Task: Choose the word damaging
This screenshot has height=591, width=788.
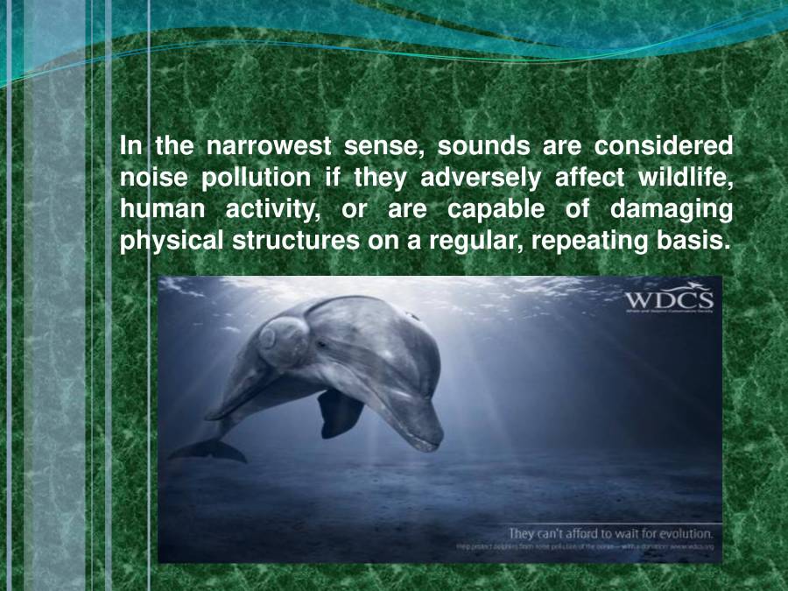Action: tap(672, 210)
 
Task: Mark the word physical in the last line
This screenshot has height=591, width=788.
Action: tap(172, 243)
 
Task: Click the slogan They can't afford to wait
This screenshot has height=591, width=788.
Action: tap(611, 532)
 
